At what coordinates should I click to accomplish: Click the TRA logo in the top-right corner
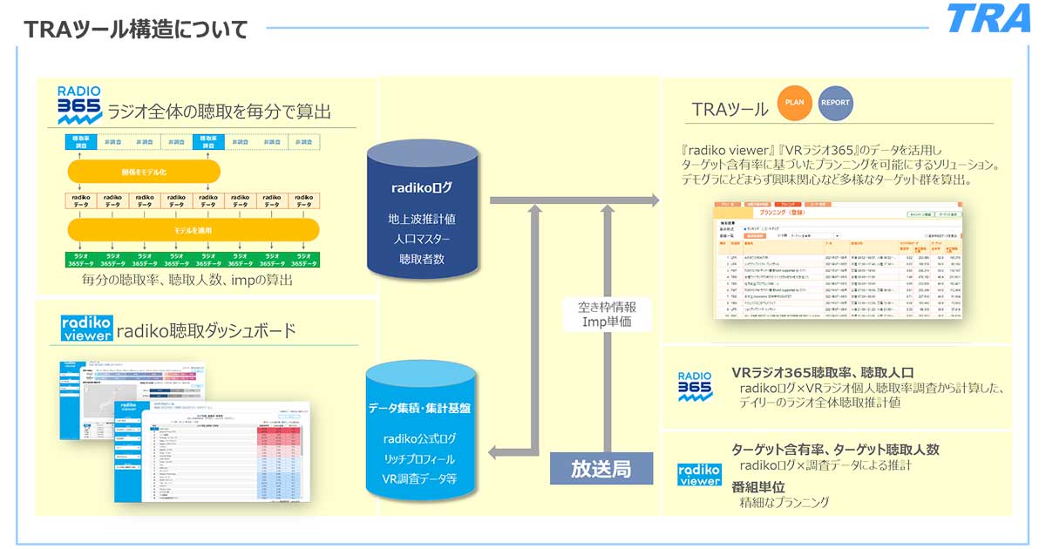click(x=988, y=19)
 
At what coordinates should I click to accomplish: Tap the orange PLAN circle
click(x=794, y=103)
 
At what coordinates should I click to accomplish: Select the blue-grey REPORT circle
click(x=835, y=103)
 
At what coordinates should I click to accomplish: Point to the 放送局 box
click(x=601, y=469)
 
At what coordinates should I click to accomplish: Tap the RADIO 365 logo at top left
click(x=79, y=104)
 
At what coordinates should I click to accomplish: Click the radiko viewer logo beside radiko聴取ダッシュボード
click(x=86, y=329)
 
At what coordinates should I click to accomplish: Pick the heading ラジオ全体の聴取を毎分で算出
click(x=219, y=112)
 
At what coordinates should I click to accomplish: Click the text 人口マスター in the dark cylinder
click(x=422, y=238)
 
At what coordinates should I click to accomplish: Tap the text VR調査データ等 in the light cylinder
click(x=422, y=478)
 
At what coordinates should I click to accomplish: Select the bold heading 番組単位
click(x=764, y=486)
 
